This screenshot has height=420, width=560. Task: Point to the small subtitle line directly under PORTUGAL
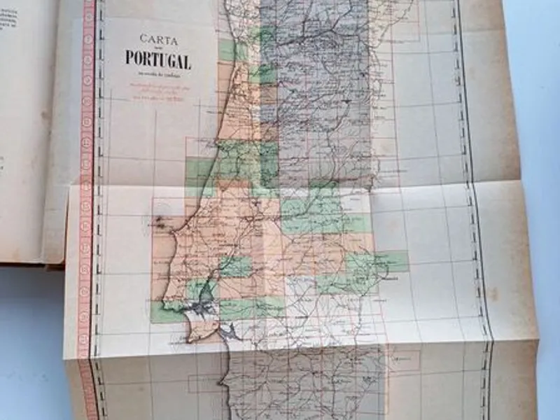pyautogui.click(x=157, y=73)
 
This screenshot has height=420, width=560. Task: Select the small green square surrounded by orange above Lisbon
pyautogui.click(x=235, y=267)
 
